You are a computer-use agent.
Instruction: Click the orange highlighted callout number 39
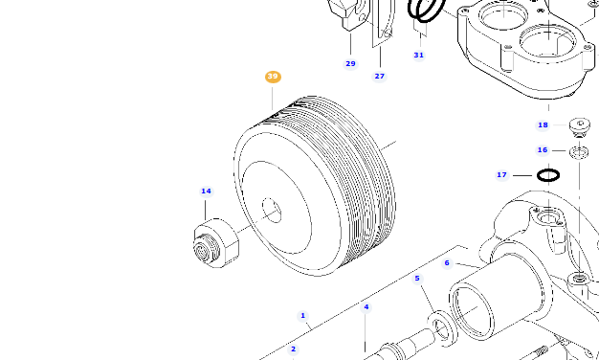pos(273,77)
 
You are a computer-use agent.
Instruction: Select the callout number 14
pos(206,191)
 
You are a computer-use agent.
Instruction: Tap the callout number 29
pos(350,63)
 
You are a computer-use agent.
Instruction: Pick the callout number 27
pos(379,76)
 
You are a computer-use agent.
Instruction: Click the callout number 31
pos(418,55)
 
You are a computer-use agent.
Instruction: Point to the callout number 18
pos(543,124)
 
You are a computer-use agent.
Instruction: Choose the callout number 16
pos(543,150)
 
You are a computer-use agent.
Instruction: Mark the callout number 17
pos(501,175)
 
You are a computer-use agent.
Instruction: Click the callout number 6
pos(446,262)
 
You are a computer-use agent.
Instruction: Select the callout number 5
pos(416,279)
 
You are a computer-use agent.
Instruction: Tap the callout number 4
pos(366,307)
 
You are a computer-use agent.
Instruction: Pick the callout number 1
pos(302,315)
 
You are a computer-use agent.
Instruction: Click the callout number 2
pos(293,349)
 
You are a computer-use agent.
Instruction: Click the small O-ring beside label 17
pos(547,175)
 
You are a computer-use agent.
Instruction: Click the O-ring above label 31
pos(426,10)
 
